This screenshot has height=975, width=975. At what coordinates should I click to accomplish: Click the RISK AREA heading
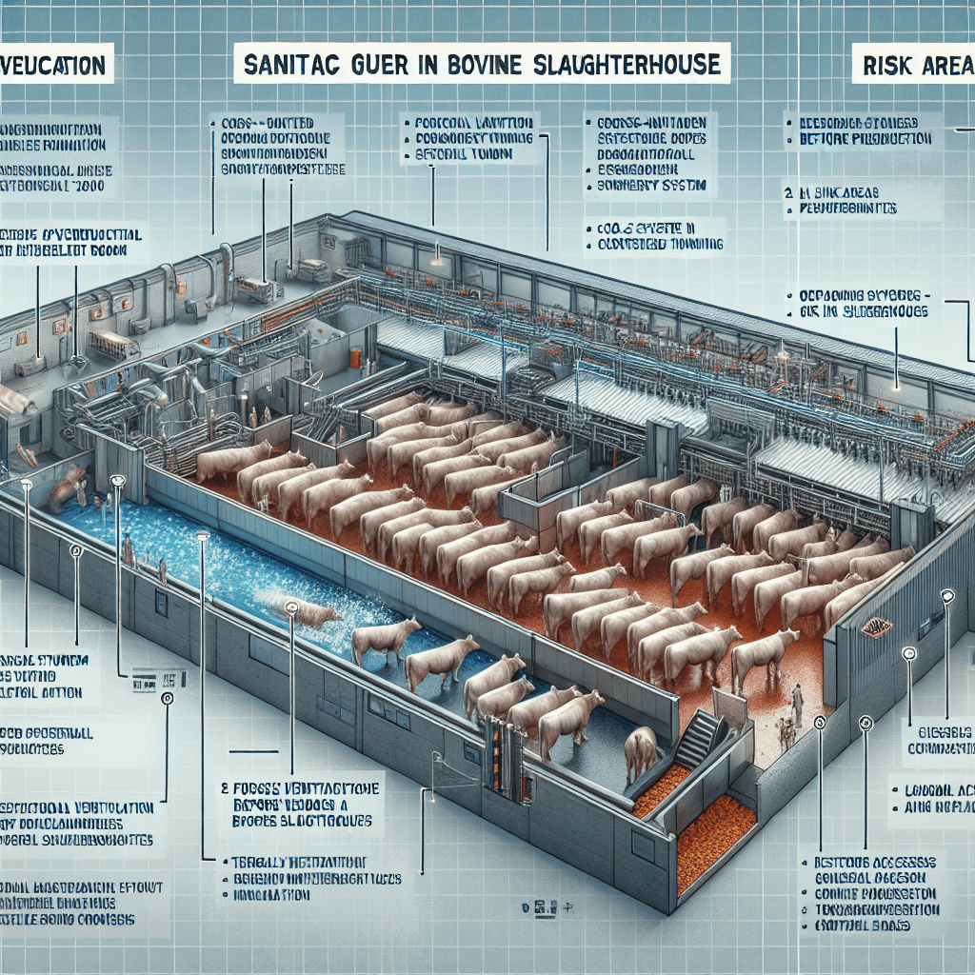[x=918, y=65]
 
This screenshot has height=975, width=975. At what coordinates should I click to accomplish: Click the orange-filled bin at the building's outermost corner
[x=714, y=839]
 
